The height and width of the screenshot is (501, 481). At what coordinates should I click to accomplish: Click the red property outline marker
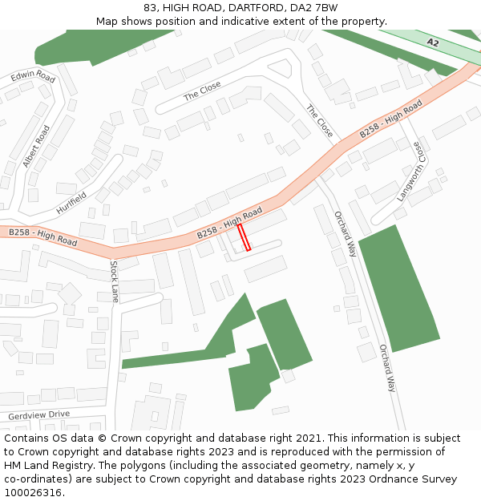pyautogui.click(x=245, y=237)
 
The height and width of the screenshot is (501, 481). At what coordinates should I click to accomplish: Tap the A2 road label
pyautogui.click(x=433, y=42)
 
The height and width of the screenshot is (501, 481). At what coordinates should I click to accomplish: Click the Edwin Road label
pyautogui.click(x=33, y=77)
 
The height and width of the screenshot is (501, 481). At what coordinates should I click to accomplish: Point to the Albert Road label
pyautogui.click(x=37, y=146)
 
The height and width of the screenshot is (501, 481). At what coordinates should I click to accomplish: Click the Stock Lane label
pyautogui.click(x=115, y=281)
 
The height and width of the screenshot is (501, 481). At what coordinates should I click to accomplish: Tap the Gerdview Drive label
pyautogui.click(x=38, y=415)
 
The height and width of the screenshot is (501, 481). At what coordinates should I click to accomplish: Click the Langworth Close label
pyautogui.click(x=408, y=172)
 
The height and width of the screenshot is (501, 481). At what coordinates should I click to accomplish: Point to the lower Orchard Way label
pyautogui.click(x=387, y=368)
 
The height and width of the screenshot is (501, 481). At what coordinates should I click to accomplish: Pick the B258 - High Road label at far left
pyautogui.click(x=42, y=236)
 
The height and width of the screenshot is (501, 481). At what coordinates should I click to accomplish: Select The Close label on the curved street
pyautogui.click(x=202, y=91)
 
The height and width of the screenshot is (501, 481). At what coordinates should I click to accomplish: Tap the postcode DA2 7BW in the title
pyautogui.click(x=315, y=8)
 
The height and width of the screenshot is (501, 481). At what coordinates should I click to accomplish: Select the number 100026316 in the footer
pyautogui.click(x=33, y=493)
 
